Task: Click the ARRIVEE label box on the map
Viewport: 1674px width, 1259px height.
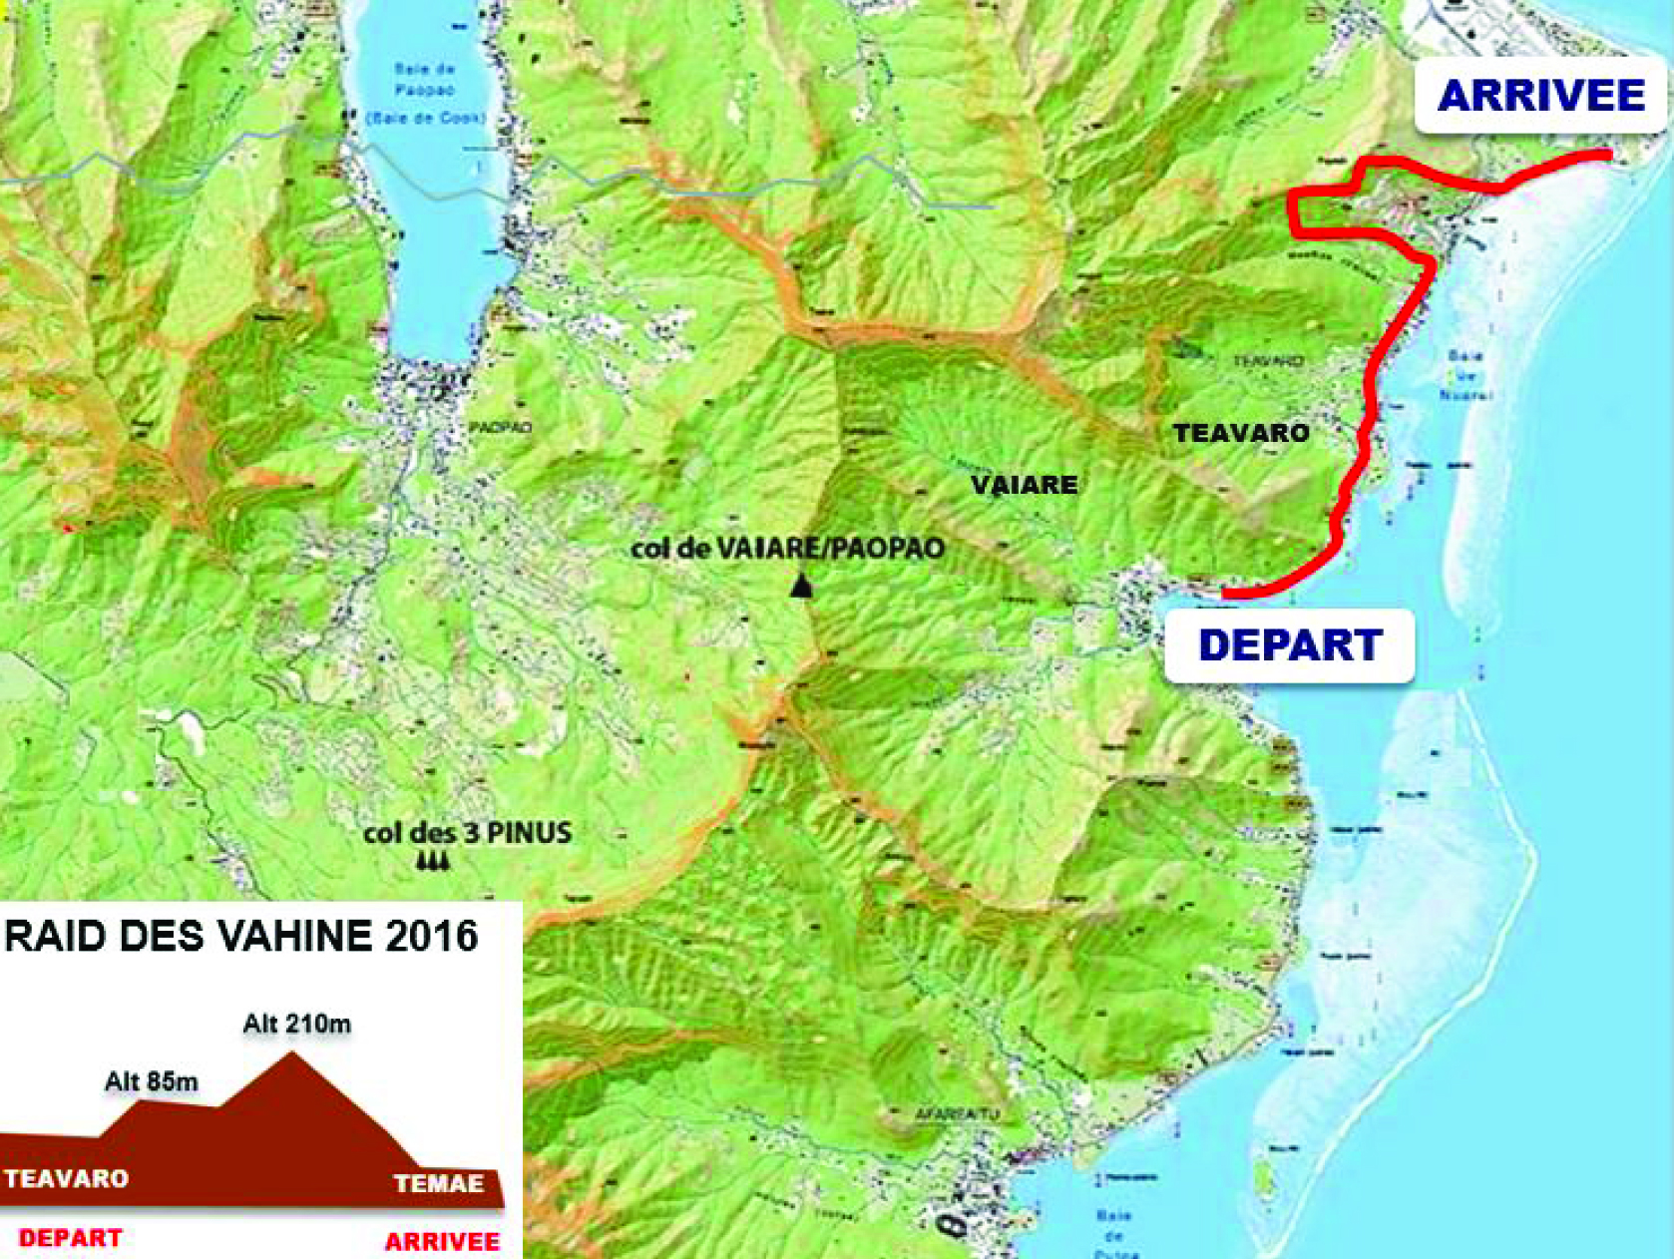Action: coord(1540,96)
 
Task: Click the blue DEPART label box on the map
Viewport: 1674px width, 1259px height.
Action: coord(1289,645)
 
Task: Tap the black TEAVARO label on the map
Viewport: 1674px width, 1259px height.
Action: coord(1240,433)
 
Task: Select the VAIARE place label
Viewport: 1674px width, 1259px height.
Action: coord(1025,486)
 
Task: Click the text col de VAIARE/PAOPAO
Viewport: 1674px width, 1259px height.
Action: coord(787,548)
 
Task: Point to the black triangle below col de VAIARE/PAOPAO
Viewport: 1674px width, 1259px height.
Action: coord(800,587)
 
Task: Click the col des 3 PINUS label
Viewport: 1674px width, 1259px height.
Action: coord(467,832)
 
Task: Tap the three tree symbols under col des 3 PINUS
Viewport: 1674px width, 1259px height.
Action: coord(432,861)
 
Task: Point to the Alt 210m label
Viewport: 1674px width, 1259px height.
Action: coord(296,1024)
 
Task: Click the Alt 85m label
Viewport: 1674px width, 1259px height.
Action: coord(151,1081)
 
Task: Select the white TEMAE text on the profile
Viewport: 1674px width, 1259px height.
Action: coord(439,1184)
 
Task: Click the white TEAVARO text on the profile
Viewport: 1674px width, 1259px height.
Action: coord(66,1178)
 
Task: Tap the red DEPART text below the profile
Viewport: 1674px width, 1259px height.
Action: coord(70,1238)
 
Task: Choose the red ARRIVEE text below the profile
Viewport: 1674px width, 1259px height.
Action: coord(442,1241)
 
